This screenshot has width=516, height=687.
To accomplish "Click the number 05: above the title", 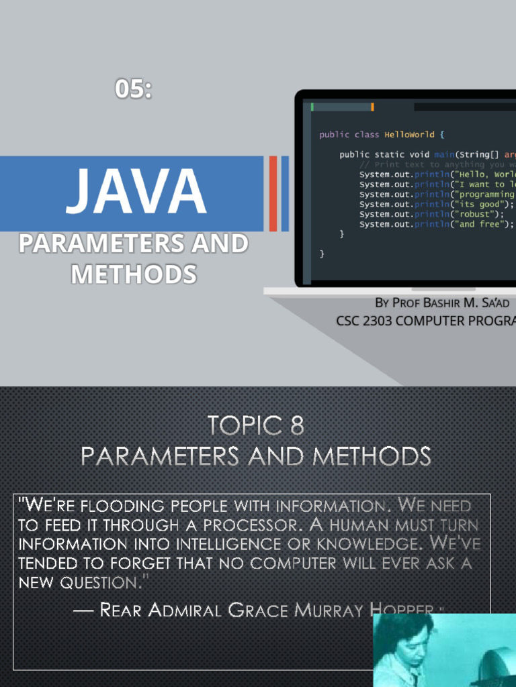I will [133, 89].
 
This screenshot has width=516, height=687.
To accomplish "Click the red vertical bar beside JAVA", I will [273, 193].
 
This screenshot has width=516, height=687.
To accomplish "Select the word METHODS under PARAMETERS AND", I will [134, 274].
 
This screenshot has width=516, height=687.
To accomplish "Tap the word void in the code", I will [421, 154].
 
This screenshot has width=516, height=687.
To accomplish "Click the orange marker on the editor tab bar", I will [372, 107].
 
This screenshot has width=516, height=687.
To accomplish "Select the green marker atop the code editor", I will [312, 107].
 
